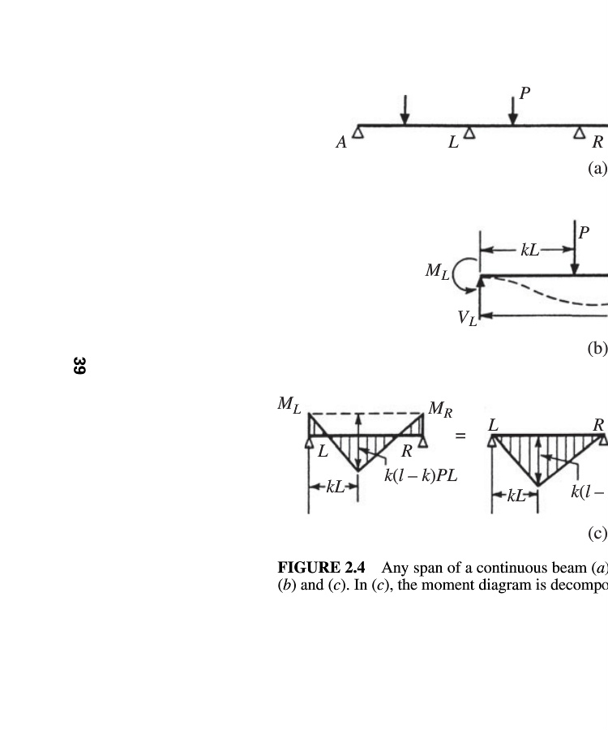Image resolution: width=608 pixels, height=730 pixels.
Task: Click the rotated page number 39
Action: pos(79,366)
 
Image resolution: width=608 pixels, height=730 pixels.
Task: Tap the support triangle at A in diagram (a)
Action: pos(358,133)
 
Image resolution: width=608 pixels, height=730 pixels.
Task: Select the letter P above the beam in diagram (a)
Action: pos(525,93)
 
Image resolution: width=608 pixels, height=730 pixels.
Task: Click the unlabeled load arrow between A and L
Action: pos(405,110)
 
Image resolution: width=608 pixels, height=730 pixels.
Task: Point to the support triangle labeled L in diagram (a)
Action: pos(469,133)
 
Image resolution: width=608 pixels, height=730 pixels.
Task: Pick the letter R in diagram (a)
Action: pos(597,143)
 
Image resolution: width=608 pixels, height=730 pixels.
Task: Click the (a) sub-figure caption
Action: pos(597,169)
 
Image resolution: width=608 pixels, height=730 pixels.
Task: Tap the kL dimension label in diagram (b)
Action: pos(529,250)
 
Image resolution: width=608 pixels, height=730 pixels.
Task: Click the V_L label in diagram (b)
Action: pos(467,318)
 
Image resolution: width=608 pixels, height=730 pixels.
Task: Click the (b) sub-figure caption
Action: pos(597,348)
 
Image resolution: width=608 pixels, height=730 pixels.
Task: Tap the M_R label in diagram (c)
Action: pos(439,409)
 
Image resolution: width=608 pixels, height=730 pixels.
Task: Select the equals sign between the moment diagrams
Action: pos(460,436)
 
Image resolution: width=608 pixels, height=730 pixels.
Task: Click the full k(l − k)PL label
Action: pos(420,475)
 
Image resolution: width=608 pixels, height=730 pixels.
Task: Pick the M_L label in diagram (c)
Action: pos(289,403)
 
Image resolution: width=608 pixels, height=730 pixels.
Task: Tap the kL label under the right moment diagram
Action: pos(516,495)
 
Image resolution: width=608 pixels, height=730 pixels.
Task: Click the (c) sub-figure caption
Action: pos(597,533)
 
